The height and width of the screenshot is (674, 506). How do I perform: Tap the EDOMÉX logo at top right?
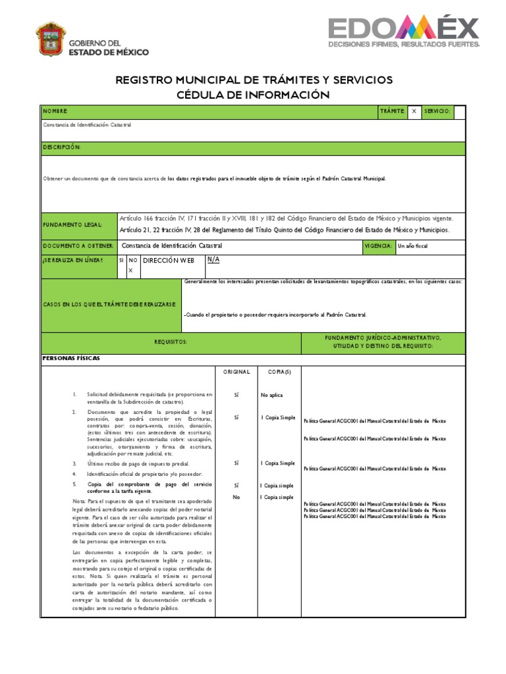coord(404,32)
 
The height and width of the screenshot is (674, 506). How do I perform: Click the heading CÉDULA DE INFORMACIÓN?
coord(253,95)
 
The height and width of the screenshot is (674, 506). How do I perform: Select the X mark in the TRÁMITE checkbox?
coord(414,111)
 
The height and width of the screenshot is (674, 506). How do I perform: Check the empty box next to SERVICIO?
coord(459,111)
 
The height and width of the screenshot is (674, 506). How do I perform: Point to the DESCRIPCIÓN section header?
coord(62,147)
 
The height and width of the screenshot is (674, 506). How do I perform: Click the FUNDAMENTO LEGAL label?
coord(73,225)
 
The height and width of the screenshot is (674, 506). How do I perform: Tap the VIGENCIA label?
coord(378,246)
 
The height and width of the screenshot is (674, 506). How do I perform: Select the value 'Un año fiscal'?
coord(413,246)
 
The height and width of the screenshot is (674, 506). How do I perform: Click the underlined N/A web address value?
coord(213,259)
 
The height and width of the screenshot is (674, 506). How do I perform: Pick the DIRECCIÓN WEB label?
coord(169,261)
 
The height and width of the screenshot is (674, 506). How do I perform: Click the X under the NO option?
coord(130,271)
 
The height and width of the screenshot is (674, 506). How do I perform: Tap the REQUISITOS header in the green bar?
coord(171,342)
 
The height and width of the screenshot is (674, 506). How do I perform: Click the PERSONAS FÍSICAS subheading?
coord(71,358)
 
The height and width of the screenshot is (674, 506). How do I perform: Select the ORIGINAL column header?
coord(237,372)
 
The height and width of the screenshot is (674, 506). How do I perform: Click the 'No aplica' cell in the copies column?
coord(271,396)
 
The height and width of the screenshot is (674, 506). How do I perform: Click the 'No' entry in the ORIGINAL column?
coord(237,497)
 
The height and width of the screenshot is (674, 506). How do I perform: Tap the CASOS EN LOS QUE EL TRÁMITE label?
coord(109,305)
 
